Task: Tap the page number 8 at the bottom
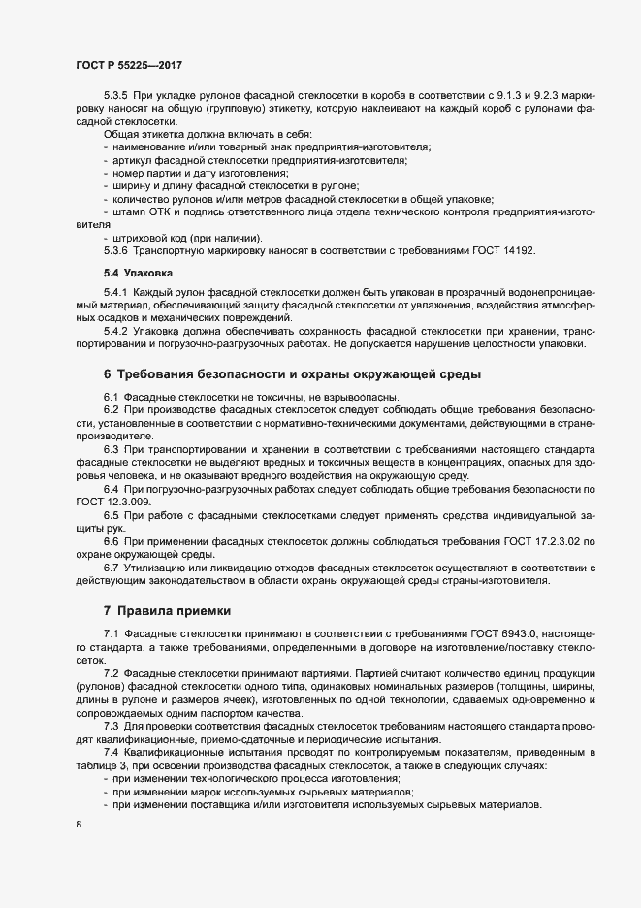pyautogui.click(x=78, y=826)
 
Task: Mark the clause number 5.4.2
pyautogui.click(x=115, y=331)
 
